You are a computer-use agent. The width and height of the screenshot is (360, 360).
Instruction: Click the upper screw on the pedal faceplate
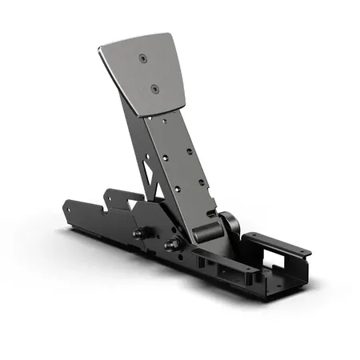pos(142,59)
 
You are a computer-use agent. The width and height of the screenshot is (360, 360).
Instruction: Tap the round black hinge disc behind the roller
pos(226,224)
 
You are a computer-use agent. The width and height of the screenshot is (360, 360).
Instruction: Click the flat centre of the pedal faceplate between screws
pos(150,74)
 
